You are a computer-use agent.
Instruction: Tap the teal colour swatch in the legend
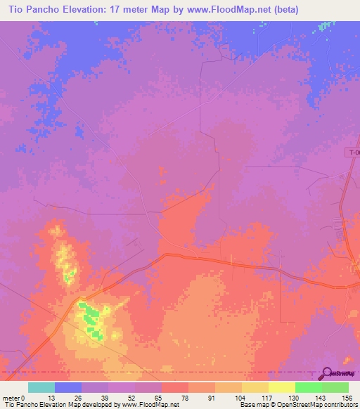click(41, 387)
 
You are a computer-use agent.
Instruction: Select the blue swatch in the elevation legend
click(68, 387)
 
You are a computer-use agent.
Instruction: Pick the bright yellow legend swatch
click(281, 387)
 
